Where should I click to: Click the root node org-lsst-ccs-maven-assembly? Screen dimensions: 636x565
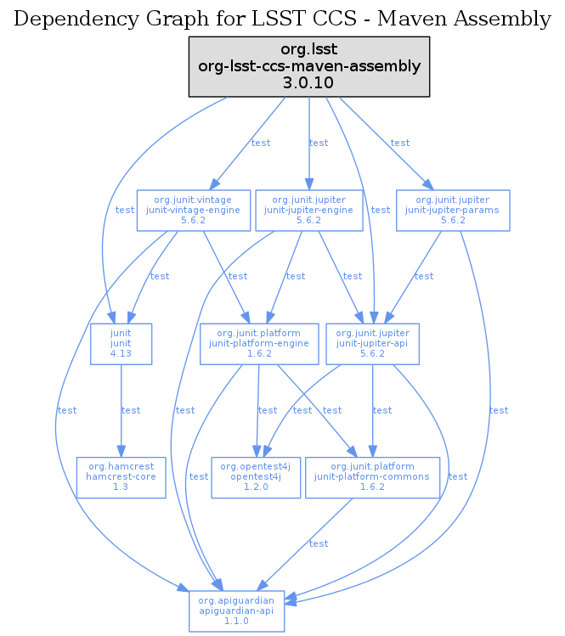click(309, 65)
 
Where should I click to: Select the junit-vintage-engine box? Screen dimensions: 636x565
click(194, 210)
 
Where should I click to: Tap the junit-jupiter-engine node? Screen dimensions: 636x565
click(308, 210)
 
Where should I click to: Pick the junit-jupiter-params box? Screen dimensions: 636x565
click(453, 210)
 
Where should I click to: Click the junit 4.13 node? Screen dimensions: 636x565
click(121, 344)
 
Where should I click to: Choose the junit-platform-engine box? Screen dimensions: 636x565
click(258, 344)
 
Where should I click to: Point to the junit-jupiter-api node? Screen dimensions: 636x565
click(373, 344)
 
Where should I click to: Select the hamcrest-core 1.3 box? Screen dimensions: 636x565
click(121, 477)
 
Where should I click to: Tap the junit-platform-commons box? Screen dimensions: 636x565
click(372, 477)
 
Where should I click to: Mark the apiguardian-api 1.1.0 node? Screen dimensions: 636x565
click(237, 611)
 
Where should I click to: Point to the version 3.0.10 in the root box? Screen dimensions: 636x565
click(309, 82)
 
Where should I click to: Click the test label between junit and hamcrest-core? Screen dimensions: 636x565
click(131, 411)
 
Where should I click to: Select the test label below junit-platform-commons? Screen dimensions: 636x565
click(319, 543)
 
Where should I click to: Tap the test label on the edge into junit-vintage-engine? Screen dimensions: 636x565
click(261, 143)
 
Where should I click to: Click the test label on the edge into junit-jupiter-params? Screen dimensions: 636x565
click(400, 143)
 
